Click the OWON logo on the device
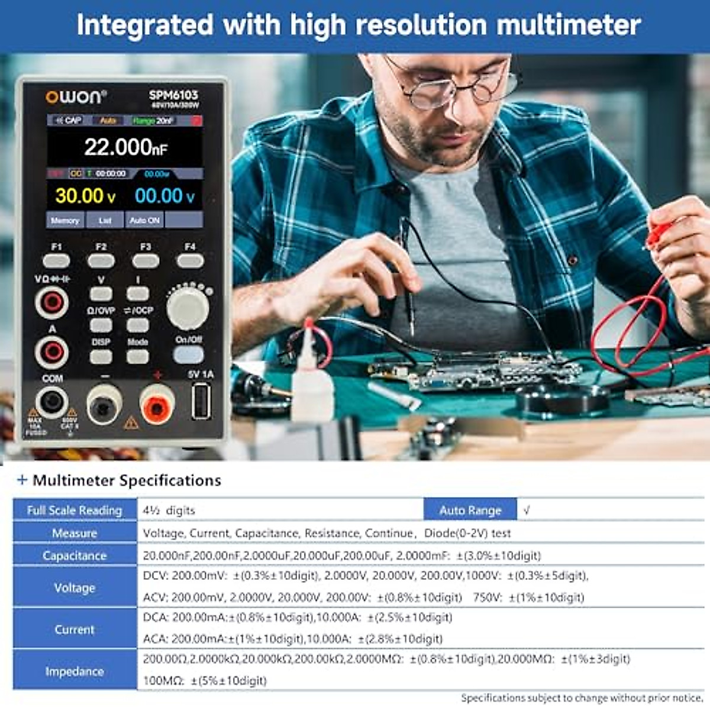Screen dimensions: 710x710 [x=76, y=96]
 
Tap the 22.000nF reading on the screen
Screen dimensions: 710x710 [x=125, y=147]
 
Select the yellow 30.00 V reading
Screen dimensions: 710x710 [x=85, y=196]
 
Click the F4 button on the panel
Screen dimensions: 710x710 [x=190, y=260]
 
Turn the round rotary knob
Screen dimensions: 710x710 [x=188, y=308]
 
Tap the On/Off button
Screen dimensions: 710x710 [x=189, y=354]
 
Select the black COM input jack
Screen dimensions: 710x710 [x=52, y=402]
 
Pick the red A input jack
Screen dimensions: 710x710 [x=52, y=353]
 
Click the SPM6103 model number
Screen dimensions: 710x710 [x=173, y=95]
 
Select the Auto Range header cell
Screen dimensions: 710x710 [x=470, y=510]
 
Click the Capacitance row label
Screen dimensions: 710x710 [x=75, y=556]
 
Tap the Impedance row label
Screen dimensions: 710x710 [x=75, y=671]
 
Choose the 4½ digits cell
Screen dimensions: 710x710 [x=169, y=510]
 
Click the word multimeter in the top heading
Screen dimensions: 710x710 [x=568, y=25]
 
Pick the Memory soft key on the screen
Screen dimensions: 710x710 [x=65, y=220]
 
